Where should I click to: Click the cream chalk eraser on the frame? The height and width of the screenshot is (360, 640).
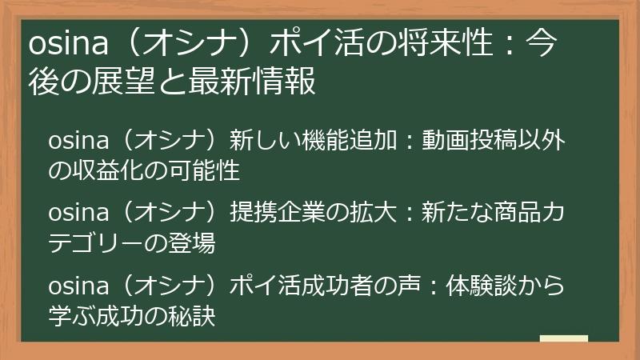563,339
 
